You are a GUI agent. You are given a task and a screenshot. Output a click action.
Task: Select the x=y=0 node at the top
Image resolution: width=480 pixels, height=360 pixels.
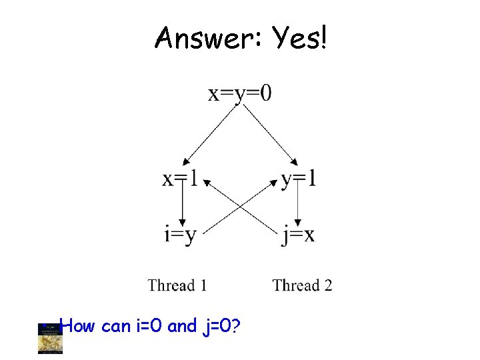coord(240,93)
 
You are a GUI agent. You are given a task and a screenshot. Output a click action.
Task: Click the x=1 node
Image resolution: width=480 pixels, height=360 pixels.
coord(180,179)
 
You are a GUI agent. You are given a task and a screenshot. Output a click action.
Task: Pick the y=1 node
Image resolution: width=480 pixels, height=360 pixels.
coord(299,179)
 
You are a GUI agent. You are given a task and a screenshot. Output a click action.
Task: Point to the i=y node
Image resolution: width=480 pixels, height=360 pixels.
coord(180,235)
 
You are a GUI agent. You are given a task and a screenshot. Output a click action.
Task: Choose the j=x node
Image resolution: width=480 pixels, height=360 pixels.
coord(299,235)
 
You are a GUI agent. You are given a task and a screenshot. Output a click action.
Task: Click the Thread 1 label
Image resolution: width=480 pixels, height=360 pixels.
coord(177,285)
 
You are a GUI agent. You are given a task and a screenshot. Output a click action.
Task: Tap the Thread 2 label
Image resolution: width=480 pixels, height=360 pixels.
coord(302,285)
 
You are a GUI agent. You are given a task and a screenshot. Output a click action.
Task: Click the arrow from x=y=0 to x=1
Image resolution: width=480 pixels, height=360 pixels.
coord(209,134)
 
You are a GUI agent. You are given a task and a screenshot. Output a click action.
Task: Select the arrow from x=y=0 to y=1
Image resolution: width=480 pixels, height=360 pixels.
coord(270,134)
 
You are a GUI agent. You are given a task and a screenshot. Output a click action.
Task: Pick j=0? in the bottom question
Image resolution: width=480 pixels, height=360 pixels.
coord(220,326)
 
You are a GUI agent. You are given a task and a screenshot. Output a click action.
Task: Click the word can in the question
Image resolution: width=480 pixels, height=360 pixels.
coord(117,326)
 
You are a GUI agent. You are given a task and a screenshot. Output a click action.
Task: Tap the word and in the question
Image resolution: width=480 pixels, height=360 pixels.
coord(182,326)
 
